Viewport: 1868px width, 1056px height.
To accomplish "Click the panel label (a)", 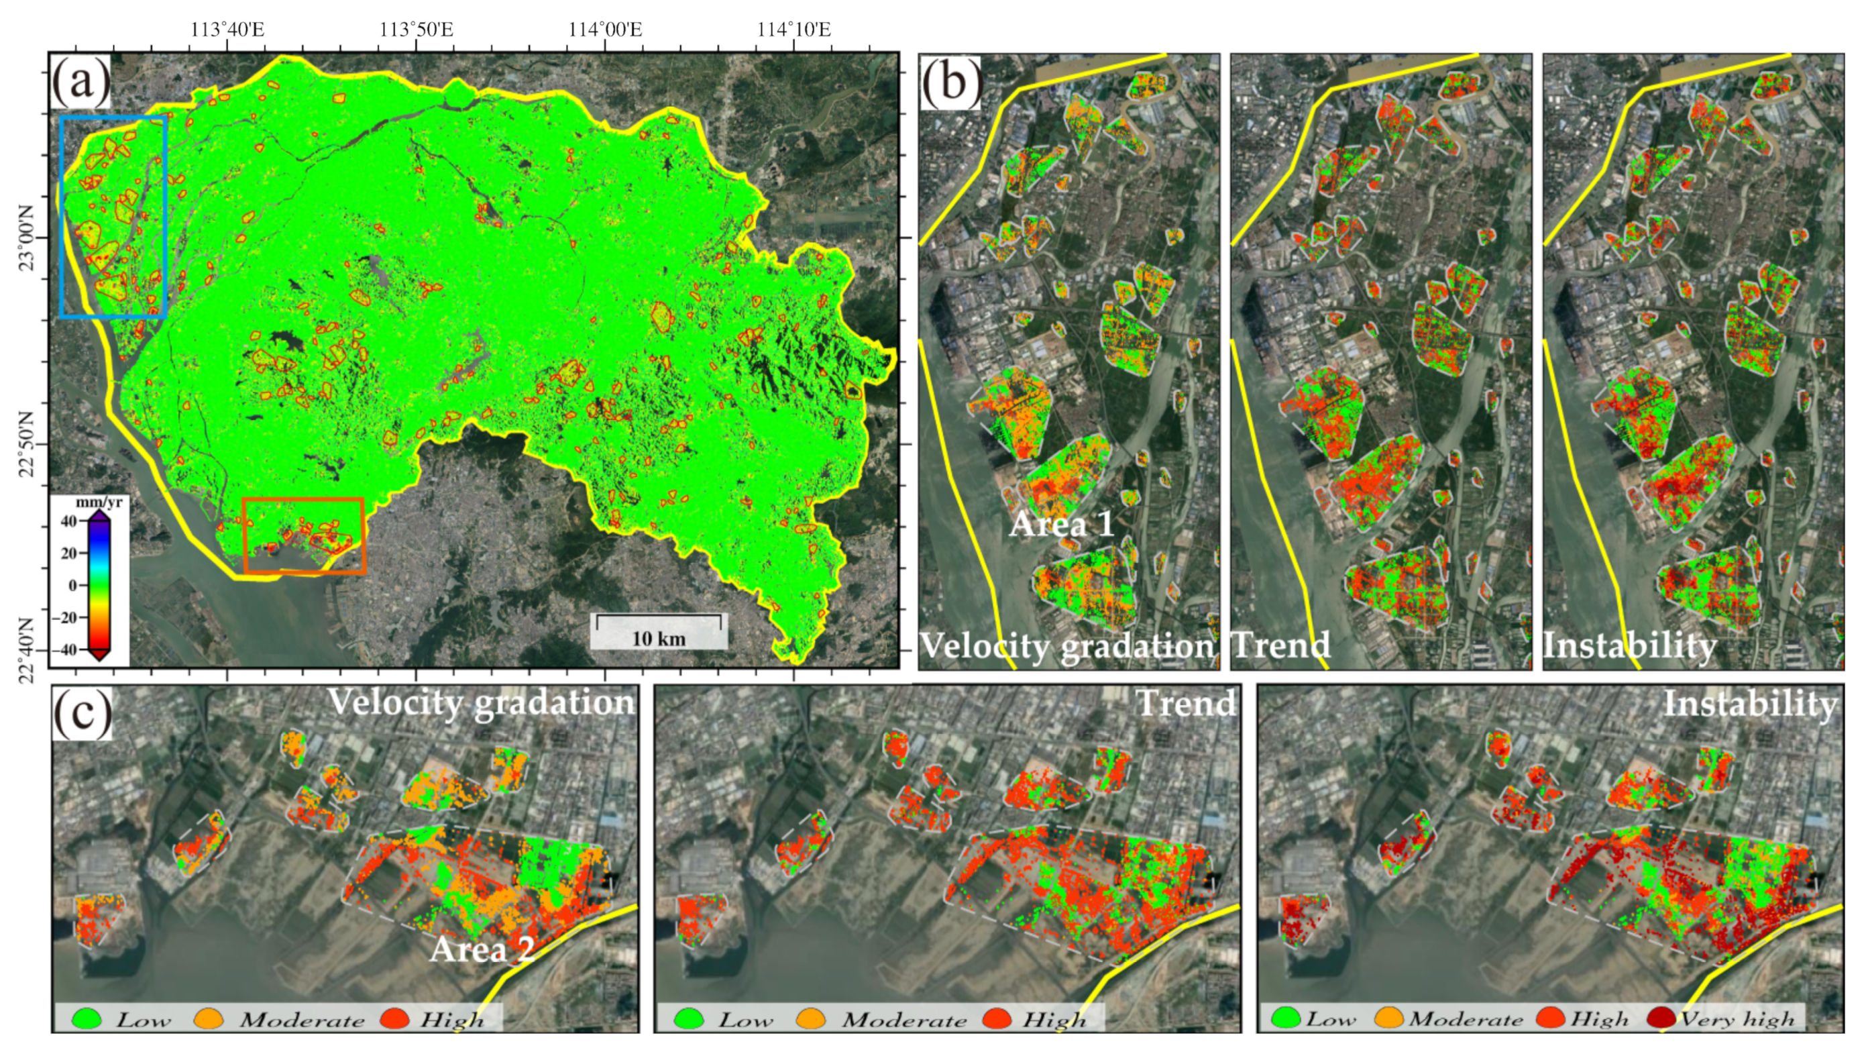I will [x=80, y=81].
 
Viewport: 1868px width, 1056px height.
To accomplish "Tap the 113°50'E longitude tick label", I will [x=417, y=30].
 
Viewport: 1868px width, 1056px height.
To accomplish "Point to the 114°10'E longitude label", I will [x=793, y=30].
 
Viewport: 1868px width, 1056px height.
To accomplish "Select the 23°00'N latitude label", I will [x=26, y=238].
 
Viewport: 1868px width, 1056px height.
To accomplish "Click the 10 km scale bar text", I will [x=658, y=638].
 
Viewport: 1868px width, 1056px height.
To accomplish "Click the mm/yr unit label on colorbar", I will [x=99, y=502].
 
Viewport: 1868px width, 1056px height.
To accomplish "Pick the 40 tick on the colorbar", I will [x=68, y=521].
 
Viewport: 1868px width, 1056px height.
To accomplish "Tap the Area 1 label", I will [x=1061, y=524].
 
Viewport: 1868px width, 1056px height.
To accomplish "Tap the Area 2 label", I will [x=482, y=949].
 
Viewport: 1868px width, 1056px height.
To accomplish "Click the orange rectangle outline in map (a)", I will [x=303, y=500].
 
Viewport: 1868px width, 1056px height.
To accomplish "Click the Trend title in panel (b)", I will [x=1280, y=645].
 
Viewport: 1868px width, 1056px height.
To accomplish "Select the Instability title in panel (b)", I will [x=1629, y=645].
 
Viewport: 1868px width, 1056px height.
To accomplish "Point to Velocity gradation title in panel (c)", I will [x=481, y=702].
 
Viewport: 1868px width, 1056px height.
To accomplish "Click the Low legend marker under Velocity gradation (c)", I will [x=87, y=1018].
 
